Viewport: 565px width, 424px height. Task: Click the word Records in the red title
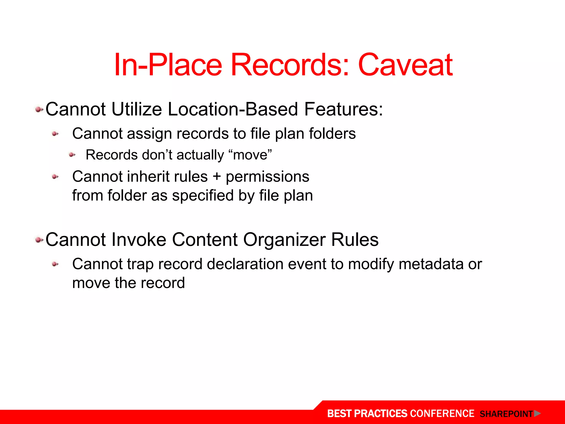[290, 65]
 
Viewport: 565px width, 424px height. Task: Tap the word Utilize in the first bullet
[137, 109]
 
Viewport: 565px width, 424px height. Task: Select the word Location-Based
[233, 109]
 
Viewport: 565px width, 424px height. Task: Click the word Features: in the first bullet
[343, 109]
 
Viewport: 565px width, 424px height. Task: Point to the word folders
[332, 134]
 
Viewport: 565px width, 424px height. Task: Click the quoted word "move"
[250, 155]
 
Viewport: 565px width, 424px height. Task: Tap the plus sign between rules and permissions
[217, 177]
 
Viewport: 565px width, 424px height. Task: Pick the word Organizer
[284, 240]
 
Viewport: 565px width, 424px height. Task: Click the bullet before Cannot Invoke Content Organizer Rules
[39, 240]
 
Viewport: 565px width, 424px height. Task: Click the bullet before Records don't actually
[72, 155]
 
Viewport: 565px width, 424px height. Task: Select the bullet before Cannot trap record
[55, 264]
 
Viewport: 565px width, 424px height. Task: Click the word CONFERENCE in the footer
[442, 414]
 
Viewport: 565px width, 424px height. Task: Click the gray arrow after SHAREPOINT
[537, 414]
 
